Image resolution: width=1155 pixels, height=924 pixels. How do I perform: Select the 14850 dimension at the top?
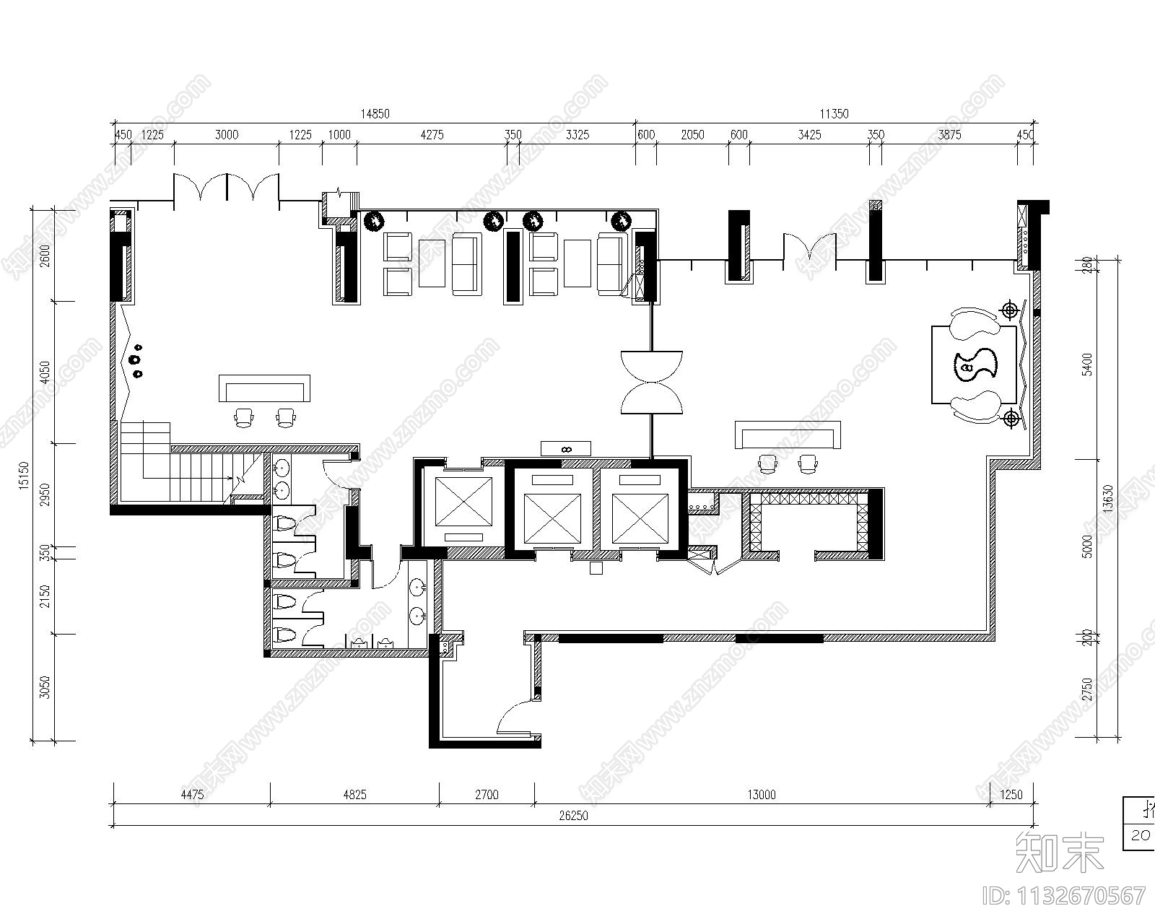[x=375, y=113]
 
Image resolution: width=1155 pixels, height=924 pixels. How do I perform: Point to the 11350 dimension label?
[x=834, y=113]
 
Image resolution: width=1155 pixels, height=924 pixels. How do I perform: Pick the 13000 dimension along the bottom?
[x=762, y=795]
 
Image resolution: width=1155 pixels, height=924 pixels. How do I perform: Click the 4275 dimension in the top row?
[x=432, y=134]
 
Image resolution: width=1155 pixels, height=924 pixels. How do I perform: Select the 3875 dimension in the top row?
[x=949, y=134]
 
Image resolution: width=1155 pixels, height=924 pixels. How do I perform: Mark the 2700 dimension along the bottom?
[x=487, y=795]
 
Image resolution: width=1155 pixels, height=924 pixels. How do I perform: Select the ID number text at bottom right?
[x=1065, y=896]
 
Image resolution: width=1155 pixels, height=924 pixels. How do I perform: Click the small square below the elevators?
[x=596, y=568]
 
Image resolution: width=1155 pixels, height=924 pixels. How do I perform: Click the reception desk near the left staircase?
[x=265, y=388]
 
